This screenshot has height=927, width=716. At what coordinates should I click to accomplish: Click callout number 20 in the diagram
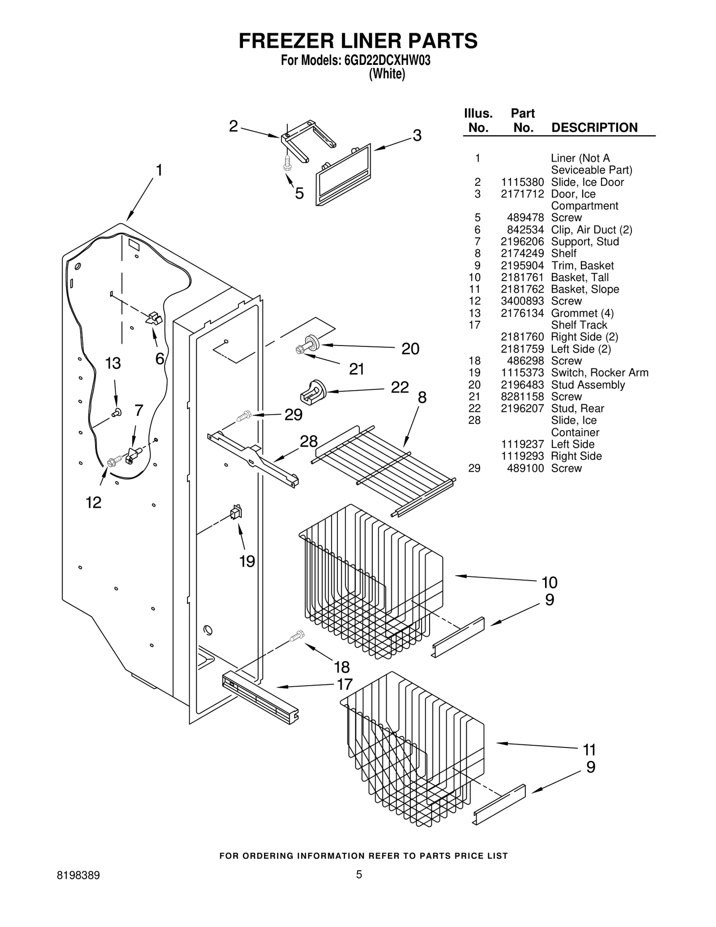410,349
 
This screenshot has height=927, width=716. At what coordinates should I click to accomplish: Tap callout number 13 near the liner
113,363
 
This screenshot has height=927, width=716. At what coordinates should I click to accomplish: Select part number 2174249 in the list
522,253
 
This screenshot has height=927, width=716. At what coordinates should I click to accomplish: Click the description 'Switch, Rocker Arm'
599,372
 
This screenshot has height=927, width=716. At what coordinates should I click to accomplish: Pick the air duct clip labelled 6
154,318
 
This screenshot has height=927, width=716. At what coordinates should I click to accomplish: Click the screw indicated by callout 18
297,635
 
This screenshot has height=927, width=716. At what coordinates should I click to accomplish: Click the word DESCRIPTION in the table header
594,128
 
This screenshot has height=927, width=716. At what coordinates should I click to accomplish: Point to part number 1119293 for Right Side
522,456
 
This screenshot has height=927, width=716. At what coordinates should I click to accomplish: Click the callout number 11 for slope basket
589,749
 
